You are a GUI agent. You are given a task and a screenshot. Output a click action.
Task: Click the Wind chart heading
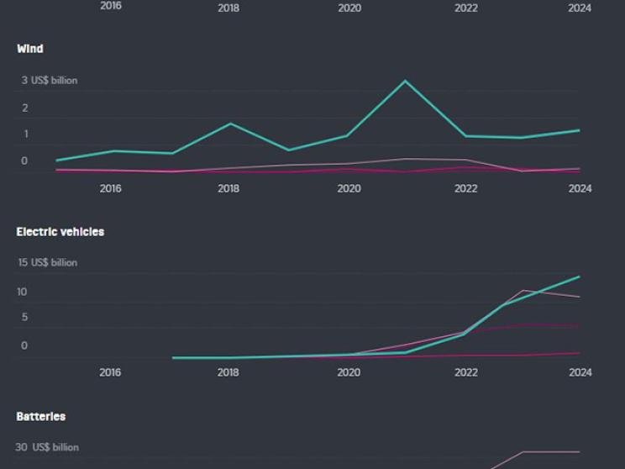point(30,49)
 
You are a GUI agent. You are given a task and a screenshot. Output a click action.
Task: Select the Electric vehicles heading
point(60,231)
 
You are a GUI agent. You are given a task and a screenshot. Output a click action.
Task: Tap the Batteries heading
point(41,416)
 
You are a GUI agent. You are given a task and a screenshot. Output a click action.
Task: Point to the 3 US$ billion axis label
point(50,81)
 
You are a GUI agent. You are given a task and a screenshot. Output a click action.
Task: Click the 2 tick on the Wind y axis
point(25,108)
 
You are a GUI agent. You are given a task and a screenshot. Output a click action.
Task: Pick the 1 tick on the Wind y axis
point(25,134)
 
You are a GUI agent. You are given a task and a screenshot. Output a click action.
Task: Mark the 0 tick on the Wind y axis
point(24,161)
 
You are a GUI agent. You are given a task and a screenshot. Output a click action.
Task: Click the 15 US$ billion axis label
point(48,262)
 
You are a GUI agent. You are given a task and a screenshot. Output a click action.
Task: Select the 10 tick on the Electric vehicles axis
point(23,292)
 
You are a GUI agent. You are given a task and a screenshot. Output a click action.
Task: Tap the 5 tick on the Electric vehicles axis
point(24,317)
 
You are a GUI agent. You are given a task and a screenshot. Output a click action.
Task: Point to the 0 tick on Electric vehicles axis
point(24,345)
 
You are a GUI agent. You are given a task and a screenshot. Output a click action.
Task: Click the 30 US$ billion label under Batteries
point(48,448)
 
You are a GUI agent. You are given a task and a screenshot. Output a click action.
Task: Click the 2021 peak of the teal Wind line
point(405,81)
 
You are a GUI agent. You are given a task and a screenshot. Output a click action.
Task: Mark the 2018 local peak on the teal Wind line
point(230,124)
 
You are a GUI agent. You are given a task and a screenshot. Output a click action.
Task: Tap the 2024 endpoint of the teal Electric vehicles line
point(579,277)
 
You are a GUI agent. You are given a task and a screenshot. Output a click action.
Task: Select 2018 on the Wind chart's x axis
point(228,189)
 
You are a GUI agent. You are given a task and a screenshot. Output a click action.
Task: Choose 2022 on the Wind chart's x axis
point(466,189)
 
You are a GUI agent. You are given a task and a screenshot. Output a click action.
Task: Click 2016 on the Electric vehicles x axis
point(110,372)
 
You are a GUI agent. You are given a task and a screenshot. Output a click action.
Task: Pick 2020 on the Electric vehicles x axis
point(349,372)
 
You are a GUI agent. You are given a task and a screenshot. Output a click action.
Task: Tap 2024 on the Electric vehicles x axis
point(580,372)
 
